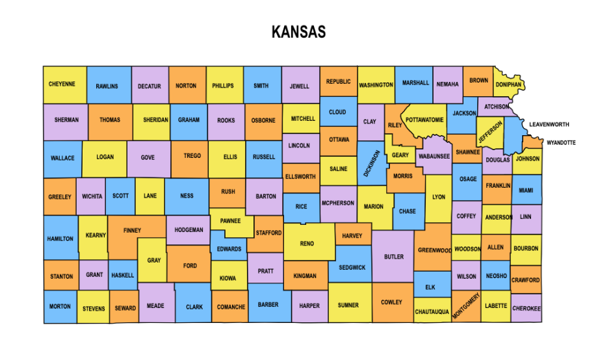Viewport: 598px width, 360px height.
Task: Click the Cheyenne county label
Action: pyautogui.click(x=62, y=84)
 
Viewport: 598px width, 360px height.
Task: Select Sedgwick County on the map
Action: pyautogui.click(x=352, y=267)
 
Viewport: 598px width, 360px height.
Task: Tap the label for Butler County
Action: pyautogui.click(x=393, y=257)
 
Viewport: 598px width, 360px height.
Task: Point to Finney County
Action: pyautogui.click(x=132, y=231)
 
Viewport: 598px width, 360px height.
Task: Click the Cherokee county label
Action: pyautogui.click(x=526, y=309)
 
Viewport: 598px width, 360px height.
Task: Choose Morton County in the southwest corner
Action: pyautogui.click(x=60, y=307)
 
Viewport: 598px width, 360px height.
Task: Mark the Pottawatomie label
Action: pyautogui.click(x=424, y=120)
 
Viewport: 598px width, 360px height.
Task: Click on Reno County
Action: pyautogui.click(x=307, y=244)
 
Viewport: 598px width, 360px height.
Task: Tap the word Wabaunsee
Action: pyautogui.click(x=434, y=157)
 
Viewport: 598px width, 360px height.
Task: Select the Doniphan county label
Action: pyautogui.click(x=508, y=84)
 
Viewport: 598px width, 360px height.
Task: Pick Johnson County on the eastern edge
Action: pyautogui.click(x=527, y=159)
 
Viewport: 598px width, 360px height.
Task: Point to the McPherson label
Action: pyautogui.click(x=338, y=203)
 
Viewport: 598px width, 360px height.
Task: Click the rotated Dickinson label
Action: pyautogui.click(x=372, y=163)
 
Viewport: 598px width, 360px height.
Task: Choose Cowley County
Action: pyautogui.click(x=391, y=302)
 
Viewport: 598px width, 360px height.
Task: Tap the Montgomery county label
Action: pyautogui.click(x=466, y=306)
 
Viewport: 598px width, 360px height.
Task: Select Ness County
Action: pyautogui.click(x=187, y=196)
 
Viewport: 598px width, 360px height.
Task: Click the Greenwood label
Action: pyautogui.click(x=434, y=250)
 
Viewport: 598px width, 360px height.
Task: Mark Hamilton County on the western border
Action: pyautogui.click(x=60, y=238)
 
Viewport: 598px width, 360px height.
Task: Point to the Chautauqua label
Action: pyautogui.click(x=432, y=312)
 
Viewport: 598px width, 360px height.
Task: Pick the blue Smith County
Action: pyautogui.click(x=261, y=86)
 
